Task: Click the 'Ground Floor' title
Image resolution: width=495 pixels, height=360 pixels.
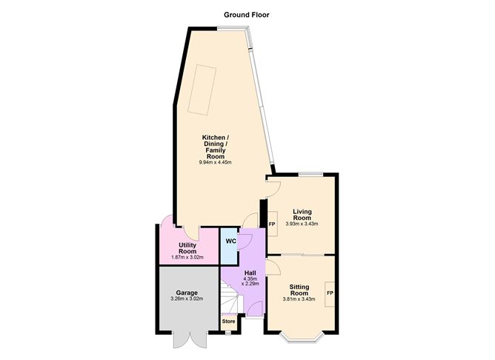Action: point(247,14)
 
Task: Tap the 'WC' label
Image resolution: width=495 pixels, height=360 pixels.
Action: point(230,241)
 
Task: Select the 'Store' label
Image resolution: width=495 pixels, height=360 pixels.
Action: point(229,321)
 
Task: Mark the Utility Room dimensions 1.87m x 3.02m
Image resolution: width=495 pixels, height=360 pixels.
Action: point(187,257)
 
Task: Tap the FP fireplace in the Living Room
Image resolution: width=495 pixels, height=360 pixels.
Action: point(272,224)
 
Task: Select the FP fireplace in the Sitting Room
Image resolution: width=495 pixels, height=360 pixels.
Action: point(329,293)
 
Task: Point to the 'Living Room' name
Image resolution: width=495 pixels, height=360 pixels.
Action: point(301,214)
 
